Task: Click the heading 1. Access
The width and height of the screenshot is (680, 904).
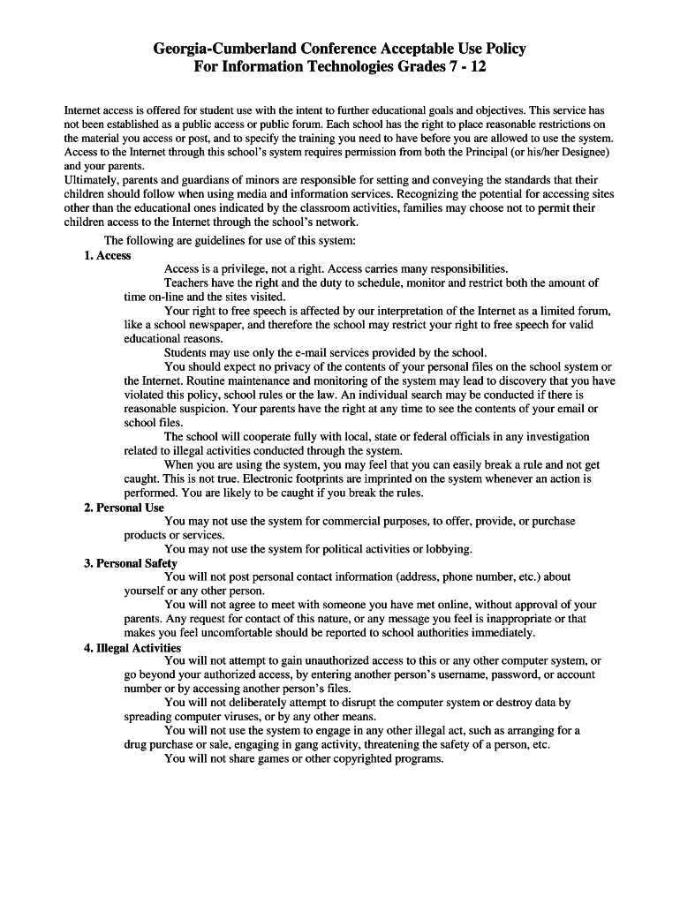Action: click(x=108, y=255)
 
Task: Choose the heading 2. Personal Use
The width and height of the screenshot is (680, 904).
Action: click(x=125, y=508)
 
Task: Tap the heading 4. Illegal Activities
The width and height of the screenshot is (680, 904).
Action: click(x=132, y=647)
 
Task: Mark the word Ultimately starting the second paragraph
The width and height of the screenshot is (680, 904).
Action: click(x=94, y=180)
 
